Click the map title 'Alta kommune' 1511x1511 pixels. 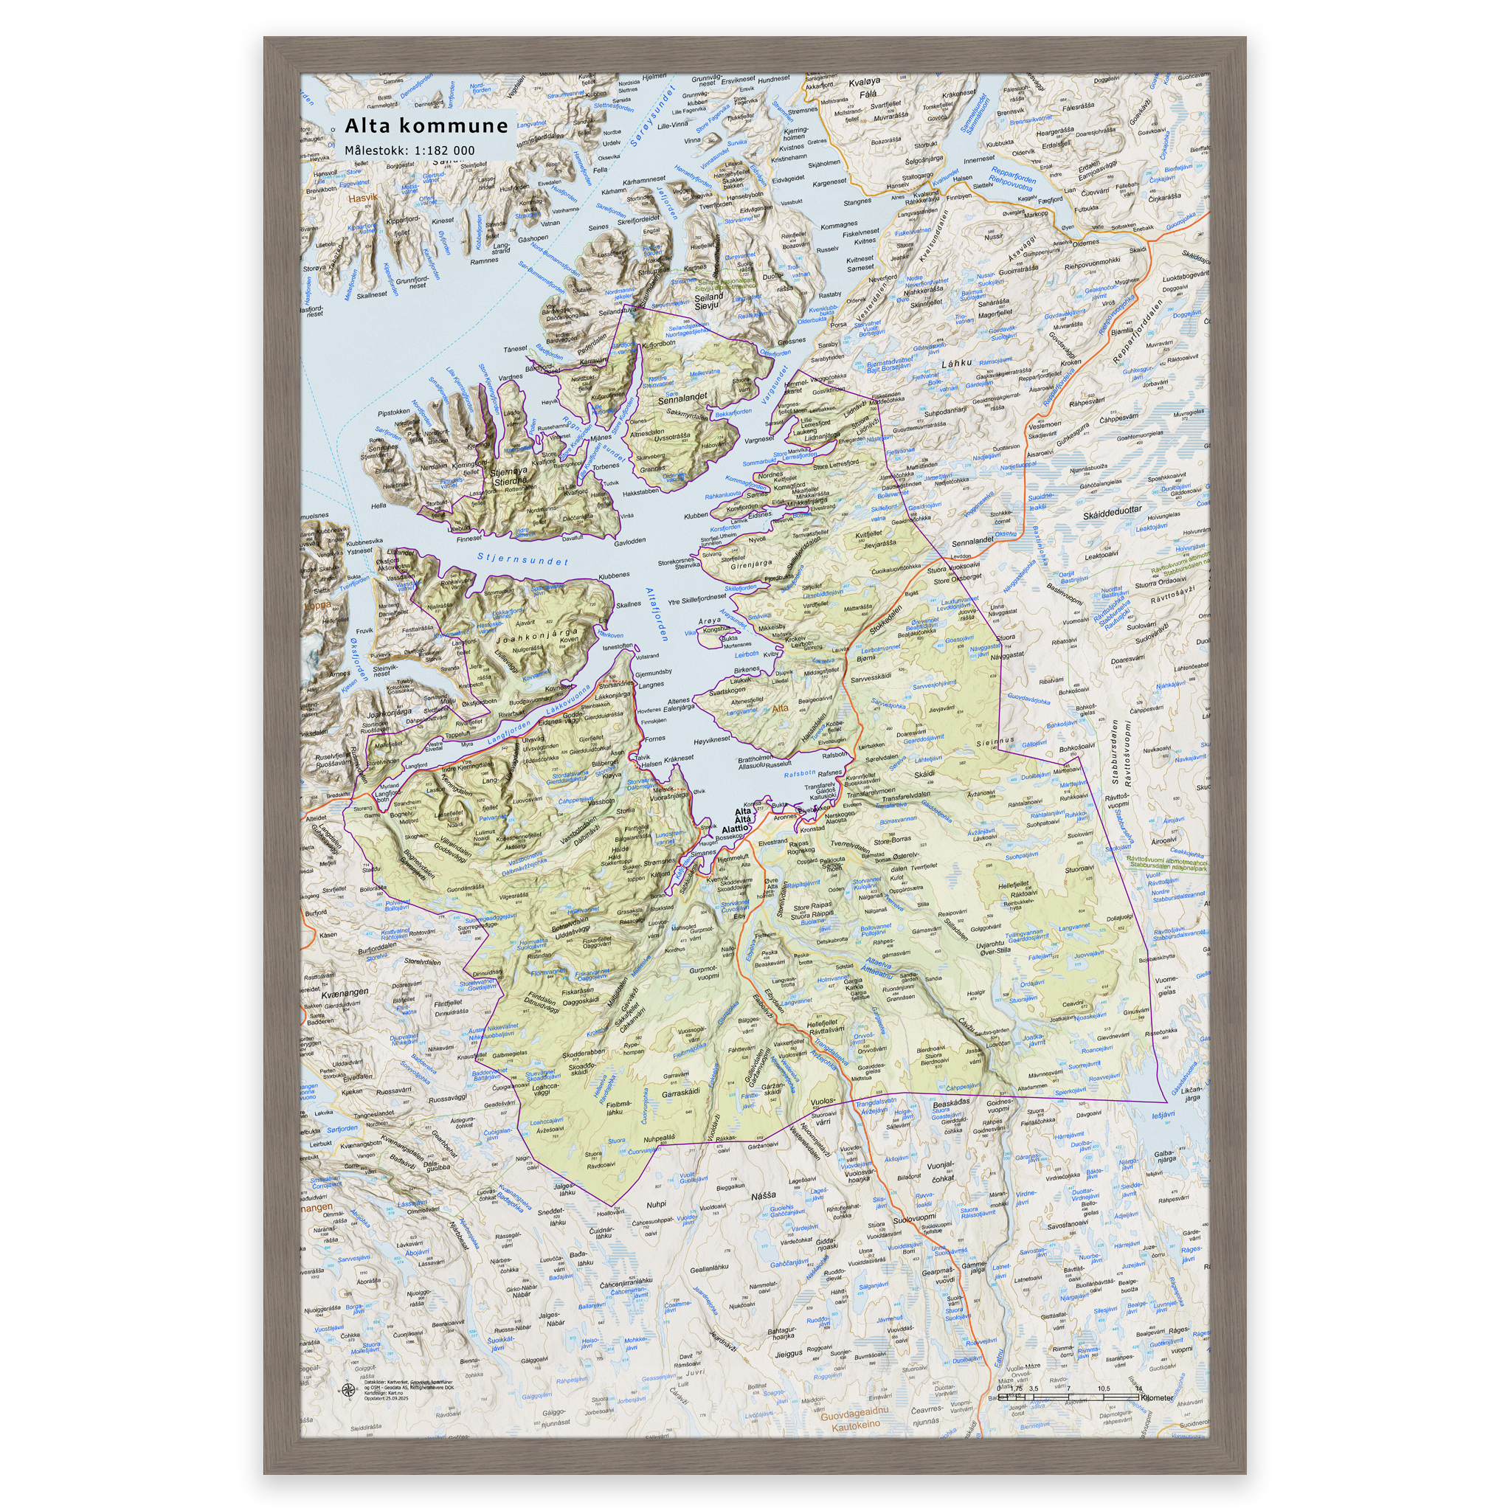(x=426, y=126)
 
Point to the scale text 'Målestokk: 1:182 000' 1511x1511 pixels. (x=409, y=151)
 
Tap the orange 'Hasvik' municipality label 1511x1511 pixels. (x=362, y=198)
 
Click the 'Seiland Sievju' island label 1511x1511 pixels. (x=709, y=301)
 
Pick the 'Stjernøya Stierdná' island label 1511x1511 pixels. (x=508, y=477)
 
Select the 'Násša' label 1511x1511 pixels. (x=764, y=1196)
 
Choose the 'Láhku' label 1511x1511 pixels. (x=955, y=363)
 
